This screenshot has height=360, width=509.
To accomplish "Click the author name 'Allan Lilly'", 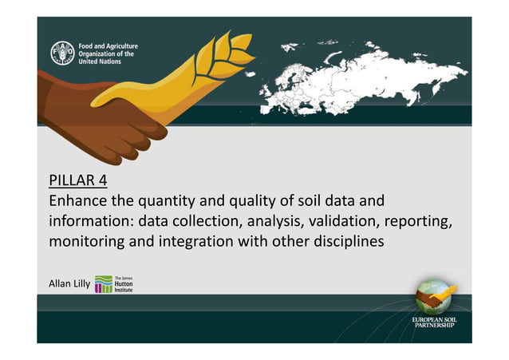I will click(69, 283).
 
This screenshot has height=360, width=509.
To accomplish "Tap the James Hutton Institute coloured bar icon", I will click(104, 283).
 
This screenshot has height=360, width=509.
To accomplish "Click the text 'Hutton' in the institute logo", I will click(124, 283).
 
